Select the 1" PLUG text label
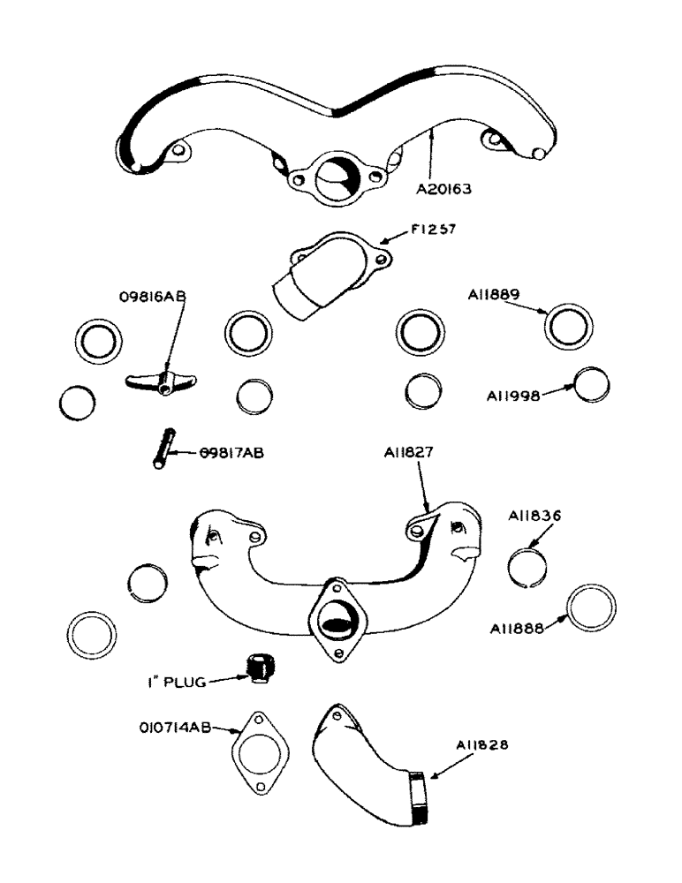coord(175,681)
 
